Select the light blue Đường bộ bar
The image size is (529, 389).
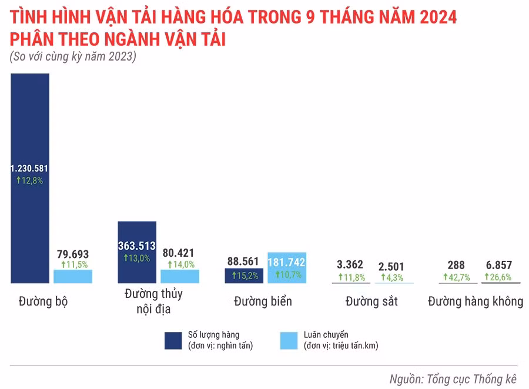(x=73, y=277)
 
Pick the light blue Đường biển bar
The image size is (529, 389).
(x=287, y=268)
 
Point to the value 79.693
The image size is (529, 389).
(x=73, y=254)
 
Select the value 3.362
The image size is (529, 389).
(x=350, y=265)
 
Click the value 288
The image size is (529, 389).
(x=456, y=265)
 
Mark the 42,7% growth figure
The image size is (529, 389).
(x=456, y=277)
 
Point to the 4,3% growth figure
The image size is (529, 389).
(x=391, y=277)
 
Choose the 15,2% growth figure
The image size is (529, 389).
(x=244, y=276)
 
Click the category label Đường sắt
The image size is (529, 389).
(x=371, y=301)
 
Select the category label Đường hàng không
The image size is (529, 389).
(x=475, y=301)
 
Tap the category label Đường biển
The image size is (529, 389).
(x=263, y=301)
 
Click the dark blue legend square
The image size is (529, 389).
(x=173, y=340)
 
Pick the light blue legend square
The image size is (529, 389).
(x=289, y=340)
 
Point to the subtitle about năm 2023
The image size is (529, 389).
(x=73, y=57)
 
